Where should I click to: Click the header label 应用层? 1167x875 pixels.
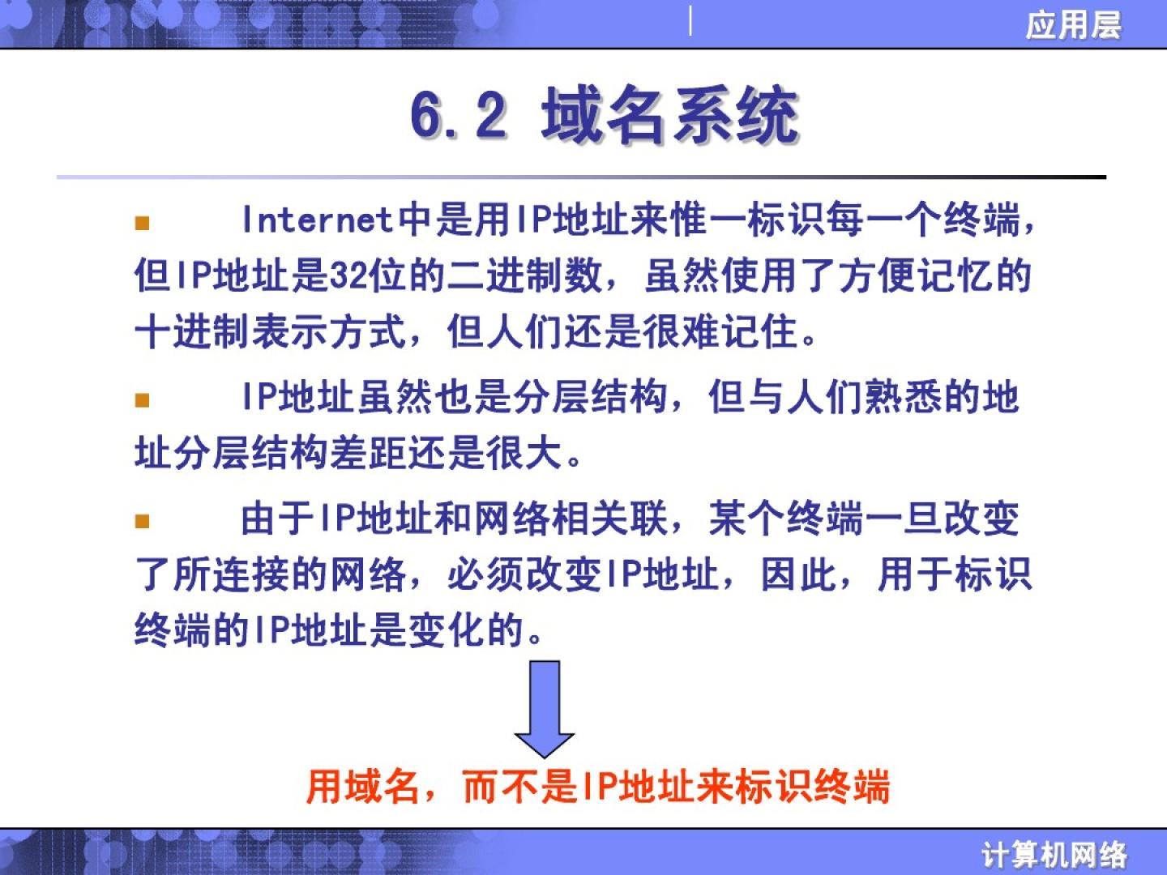tap(1074, 25)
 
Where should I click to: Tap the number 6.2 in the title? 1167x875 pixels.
tap(459, 116)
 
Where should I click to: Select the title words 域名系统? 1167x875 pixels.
tap(670, 114)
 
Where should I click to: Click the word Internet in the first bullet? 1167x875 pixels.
tap(318, 220)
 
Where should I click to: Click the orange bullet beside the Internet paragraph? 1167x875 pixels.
tap(142, 223)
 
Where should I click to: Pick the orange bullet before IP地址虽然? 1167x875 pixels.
tap(142, 399)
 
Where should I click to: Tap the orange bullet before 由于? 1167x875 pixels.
tap(142, 521)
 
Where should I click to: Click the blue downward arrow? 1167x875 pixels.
tap(545, 709)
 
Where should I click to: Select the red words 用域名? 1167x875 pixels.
tap(363, 787)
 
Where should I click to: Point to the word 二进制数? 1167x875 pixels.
tap(524, 276)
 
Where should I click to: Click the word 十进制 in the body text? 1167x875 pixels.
tap(192, 332)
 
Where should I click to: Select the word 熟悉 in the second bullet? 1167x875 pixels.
tap(904, 397)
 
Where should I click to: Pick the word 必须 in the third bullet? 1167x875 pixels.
tap(486, 574)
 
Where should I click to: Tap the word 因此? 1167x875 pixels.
tap(800, 574)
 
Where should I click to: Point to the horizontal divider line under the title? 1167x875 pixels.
tap(581, 177)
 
